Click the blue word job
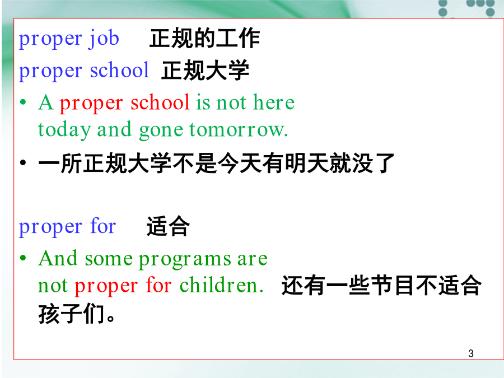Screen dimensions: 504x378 [104, 39]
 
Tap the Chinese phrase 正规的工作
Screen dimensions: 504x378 [205, 38]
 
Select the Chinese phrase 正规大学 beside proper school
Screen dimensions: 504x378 [205, 70]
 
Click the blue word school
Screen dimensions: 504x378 [119, 70]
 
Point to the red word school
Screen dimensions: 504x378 [160, 102]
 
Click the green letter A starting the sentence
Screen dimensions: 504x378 [46, 102]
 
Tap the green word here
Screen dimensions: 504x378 [274, 102]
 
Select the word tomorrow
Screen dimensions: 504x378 [239, 130]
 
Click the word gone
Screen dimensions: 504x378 [161, 131]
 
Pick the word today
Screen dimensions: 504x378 [64, 130]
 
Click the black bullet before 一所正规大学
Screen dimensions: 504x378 [23, 162]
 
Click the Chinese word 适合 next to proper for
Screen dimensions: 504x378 [168, 226]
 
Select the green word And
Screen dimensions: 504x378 [58, 258]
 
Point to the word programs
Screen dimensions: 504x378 [185, 260]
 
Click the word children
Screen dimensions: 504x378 [221, 285]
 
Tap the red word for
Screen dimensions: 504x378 [158, 285]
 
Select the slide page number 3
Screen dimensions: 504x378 [471, 353]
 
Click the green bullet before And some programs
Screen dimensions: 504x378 [23, 258]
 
